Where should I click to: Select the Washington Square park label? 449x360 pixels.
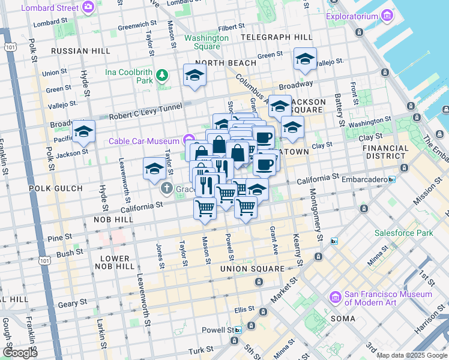(x=206, y=42)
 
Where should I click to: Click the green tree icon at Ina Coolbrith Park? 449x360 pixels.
(x=161, y=76)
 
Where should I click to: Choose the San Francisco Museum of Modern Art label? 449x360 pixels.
(x=388, y=298)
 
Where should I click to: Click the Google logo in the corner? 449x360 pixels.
(x=20, y=352)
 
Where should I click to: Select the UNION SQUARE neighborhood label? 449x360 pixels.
(x=251, y=268)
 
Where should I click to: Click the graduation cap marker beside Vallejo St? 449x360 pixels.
(x=305, y=59)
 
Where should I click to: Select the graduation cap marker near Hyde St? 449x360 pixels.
(x=83, y=131)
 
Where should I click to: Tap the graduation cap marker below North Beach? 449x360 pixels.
(x=194, y=75)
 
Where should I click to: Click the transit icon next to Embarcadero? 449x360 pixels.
(x=392, y=179)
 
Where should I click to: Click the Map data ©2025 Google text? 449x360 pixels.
(x=412, y=355)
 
